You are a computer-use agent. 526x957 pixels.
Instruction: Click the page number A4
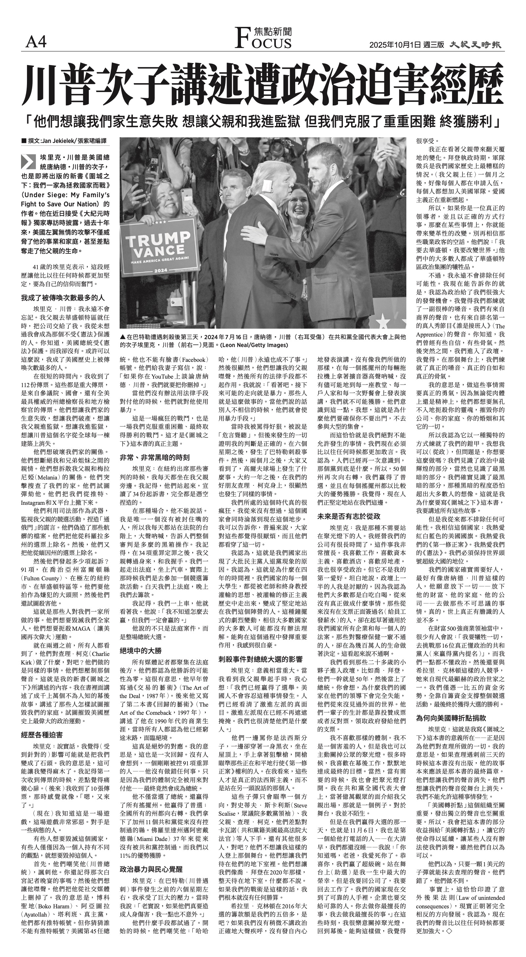coord(36,43)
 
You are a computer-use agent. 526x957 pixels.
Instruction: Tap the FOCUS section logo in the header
coord(264,38)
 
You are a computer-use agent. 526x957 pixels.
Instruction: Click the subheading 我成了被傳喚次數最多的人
coord(63,298)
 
